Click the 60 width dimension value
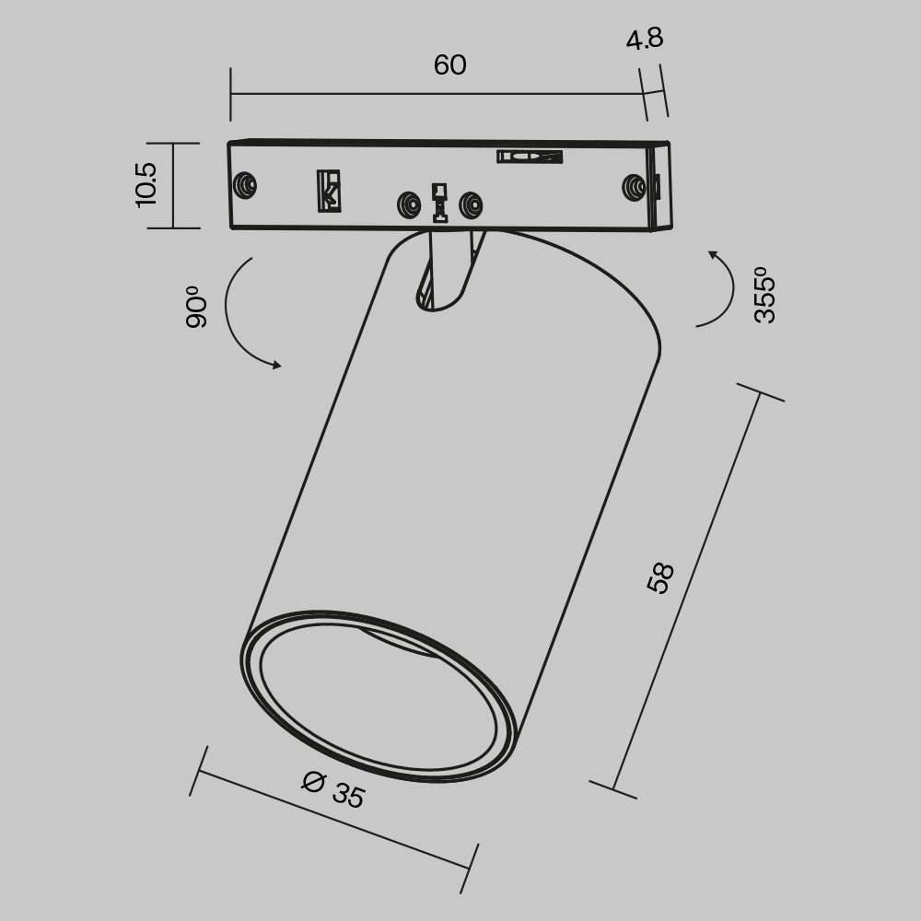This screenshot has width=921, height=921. pyautogui.click(x=449, y=65)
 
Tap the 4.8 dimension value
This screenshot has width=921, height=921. pyautogui.click(x=645, y=40)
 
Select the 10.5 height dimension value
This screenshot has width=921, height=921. pyautogui.click(x=146, y=184)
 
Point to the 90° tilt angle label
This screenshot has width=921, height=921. pyautogui.click(x=196, y=308)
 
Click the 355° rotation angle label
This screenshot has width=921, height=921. pyautogui.click(x=764, y=295)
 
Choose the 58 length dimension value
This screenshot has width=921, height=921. pyautogui.click(x=660, y=577)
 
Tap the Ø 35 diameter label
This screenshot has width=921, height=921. pyautogui.click(x=333, y=789)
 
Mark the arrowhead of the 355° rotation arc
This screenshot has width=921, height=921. pyautogui.click(x=712, y=253)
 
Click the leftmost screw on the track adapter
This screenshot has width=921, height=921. pyautogui.click(x=245, y=185)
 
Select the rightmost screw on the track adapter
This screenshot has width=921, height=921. pyautogui.click(x=634, y=187)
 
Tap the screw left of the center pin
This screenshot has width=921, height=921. pyautogui.click(x=405, y=204)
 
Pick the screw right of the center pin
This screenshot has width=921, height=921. pyautogui.click(x=471, y=204)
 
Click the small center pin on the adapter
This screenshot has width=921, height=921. pyautogui.click(x=439, y=203)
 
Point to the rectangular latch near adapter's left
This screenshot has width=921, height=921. pyautogui.click(x=329, y=190)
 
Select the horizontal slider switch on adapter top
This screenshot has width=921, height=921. pyautogui.click(x=529, y=157)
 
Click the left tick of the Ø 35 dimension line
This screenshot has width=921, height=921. pyautogui.click(x=195, y=772)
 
